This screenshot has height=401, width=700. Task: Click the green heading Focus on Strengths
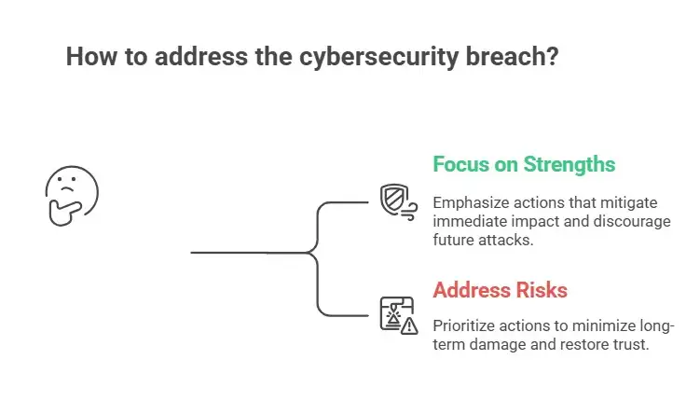[524, 165]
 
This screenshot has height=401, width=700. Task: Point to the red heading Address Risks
[500, 290]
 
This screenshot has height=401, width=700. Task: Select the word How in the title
[89, 56]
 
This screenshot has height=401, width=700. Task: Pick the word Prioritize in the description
[469, 325]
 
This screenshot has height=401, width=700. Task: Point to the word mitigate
[633, 202]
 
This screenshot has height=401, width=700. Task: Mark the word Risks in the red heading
[539, 290]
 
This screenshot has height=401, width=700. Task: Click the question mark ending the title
[552, 56]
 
